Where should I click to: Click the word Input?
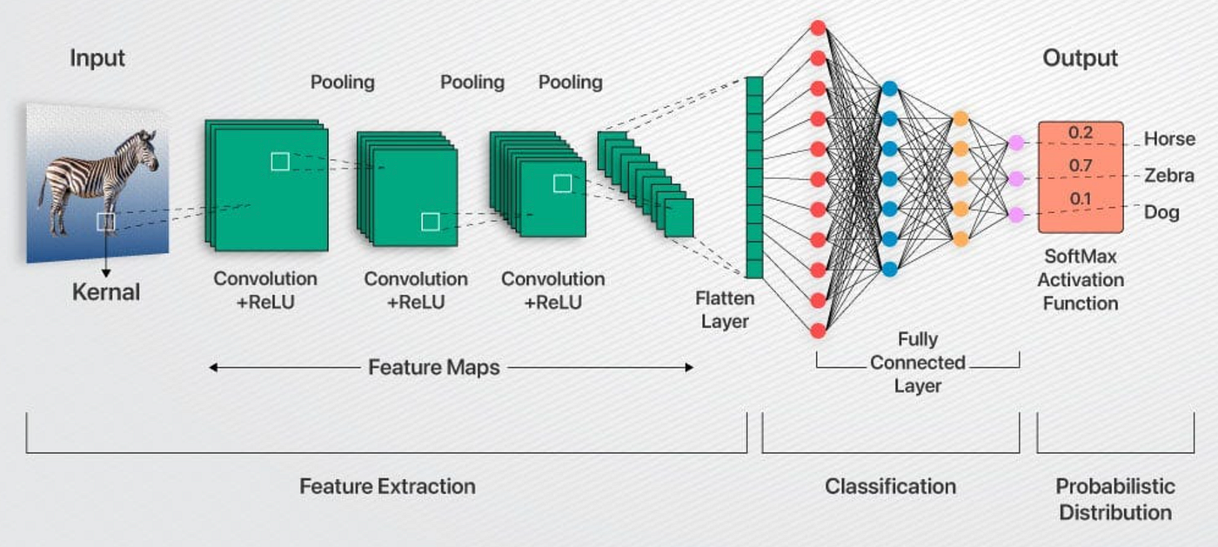click(x=97, y=59)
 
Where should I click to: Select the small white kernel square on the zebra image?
click(x=105, y=222)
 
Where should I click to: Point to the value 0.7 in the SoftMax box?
click(x=1081, y=166)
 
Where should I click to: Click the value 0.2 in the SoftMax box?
click(x=1081, y=133)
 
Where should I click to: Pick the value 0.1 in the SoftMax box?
click(x=1081, y=199)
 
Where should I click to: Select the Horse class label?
click(x=1169, y=139)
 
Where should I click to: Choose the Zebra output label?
click(x=1168, y=176)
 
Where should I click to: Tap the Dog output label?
click(x=1161, y=212)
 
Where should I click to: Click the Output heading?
click(x=1080, y=59)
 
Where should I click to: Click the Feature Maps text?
click(x=434, y=367)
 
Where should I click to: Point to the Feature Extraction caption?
click(x=387, y=486)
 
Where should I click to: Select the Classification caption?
click(x=890, y=486)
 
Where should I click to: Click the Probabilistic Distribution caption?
click(x=1114, y=498)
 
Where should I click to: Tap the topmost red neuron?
click(x=818, y=27)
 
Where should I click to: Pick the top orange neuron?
click(x=960, y=118)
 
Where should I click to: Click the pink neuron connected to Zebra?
click(x=1014, y=178)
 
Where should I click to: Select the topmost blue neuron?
click(x=889, y=88)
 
